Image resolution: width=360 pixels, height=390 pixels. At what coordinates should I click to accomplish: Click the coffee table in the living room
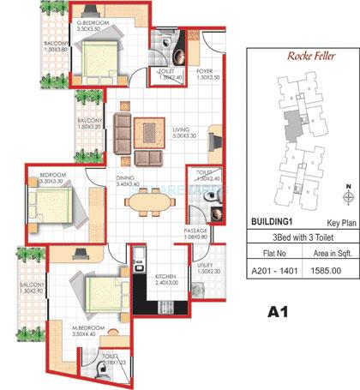point(152,133)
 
